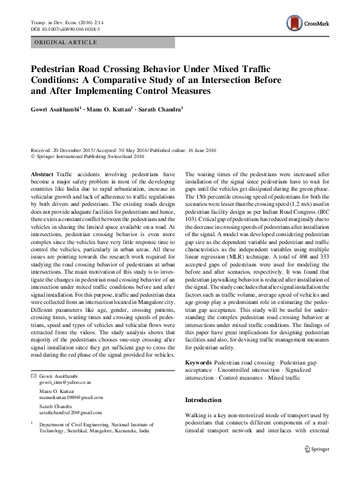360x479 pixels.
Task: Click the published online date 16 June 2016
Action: click(x=194, y=149)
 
